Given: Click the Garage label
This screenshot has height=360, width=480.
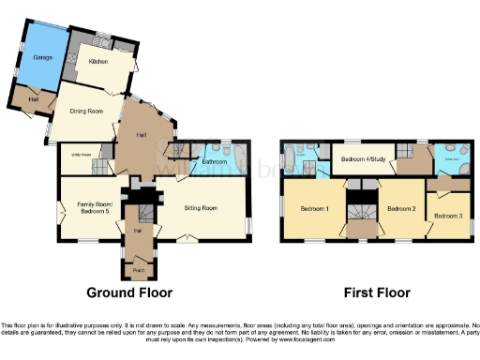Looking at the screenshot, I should click(41, 58).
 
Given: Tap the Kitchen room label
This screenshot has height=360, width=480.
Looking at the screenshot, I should click(97, 62).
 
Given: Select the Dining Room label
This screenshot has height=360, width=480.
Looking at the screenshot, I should click(85, 112).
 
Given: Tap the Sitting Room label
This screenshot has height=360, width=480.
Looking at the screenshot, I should click(201, 206).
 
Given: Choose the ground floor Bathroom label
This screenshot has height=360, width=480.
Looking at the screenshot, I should click(216, 162).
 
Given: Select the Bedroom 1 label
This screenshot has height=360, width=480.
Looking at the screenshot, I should click(314, 208).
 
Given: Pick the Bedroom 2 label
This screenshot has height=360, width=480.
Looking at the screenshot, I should click(400, 208).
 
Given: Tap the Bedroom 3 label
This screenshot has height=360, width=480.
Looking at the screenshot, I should click(447, 217).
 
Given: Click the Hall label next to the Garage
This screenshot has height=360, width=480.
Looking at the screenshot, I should click(32, 99).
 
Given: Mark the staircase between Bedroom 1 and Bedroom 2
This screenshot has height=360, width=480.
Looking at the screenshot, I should click(358, 208).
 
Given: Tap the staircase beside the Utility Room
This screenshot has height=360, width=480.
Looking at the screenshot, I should click(99, 166).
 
